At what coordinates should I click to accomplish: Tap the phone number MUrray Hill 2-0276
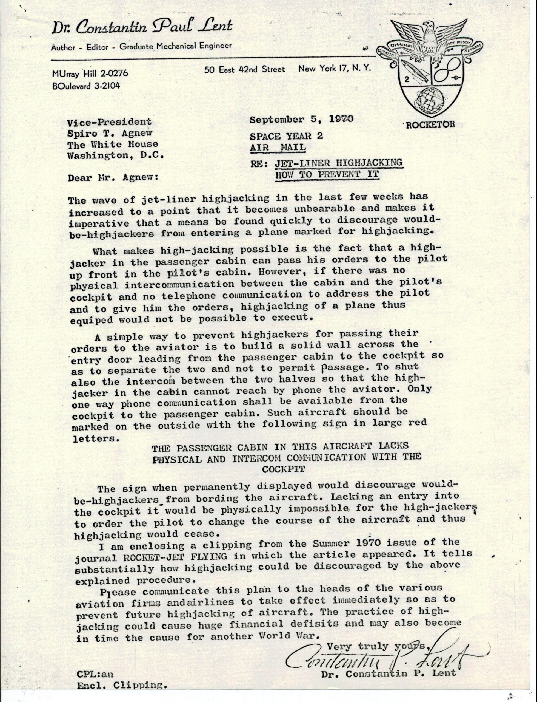(x=90, y=73)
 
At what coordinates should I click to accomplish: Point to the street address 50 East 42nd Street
(x=244, y=69)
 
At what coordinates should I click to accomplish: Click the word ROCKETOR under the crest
(x=430, y=124)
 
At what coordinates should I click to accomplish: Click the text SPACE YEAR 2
(x=286, y=136)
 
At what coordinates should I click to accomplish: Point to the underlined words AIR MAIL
(x=278, y=147)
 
